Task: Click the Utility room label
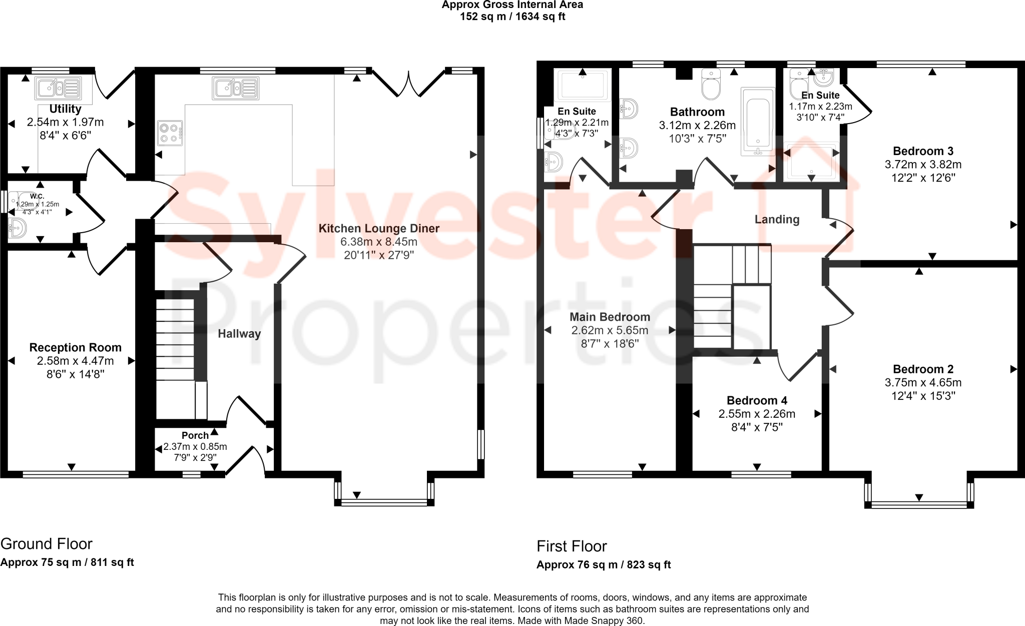click(x=65, y=109)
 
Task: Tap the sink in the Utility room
click(x=58, y=88)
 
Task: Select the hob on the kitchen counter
click(x=170, y=133)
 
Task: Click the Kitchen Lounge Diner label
click(x=379, y=228)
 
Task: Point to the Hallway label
click(x=239, y=334)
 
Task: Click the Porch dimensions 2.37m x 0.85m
click(x=195, y=446)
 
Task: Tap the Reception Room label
click(x=75, y=347)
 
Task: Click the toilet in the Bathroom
click(x=711, y=85)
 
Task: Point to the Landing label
click(x=777, y=219)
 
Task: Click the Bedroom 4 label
click(x=757, y=400)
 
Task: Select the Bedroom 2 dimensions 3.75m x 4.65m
click(x=923, y=383)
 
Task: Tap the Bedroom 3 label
click(x=923, y=151)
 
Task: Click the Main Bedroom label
click(x=610, y=317)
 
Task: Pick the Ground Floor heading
click(x=47, y=543)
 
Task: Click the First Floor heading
click(x=572, y=546)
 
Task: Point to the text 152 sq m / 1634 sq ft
click(x=512, y=17)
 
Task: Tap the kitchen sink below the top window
click(x=235, y=88)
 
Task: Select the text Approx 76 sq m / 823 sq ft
click(x=604, y=565)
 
